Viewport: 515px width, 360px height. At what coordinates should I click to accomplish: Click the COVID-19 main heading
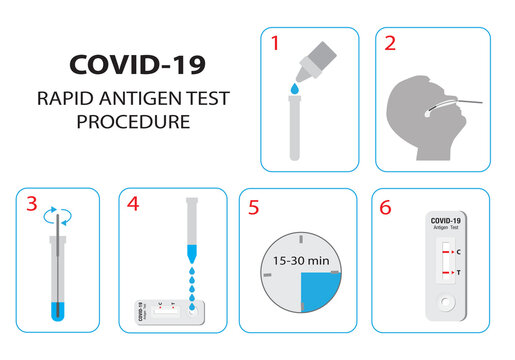pyautogui.click(x=137, y=65)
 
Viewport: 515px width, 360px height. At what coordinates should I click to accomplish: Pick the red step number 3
pyautogui.click(x=32, y=206)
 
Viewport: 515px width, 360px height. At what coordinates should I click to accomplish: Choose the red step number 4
pyautogui.click(x=134, y=205)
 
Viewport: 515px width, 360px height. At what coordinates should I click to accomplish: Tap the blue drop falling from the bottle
pyautogui.click(x=293, y=91)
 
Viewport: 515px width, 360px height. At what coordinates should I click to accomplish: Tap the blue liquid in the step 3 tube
pyautogui.click(x=59, y=307)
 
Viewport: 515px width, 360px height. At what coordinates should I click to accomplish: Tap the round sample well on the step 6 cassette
pyautogui.click(x=445, y=300)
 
